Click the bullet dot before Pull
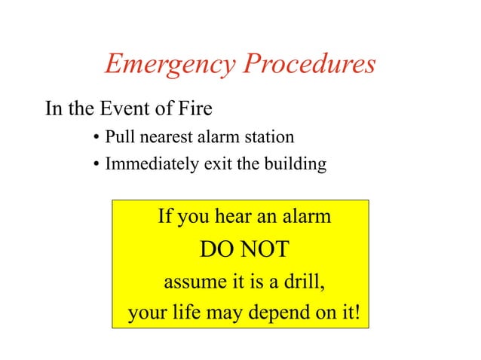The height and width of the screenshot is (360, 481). point(97,139)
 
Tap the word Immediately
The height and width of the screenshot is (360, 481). point(143,163)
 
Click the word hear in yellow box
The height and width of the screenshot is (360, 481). point(233,218)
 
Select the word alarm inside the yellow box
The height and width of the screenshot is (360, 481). point(305,218)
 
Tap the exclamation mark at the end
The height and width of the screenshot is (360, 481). point(357,312)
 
